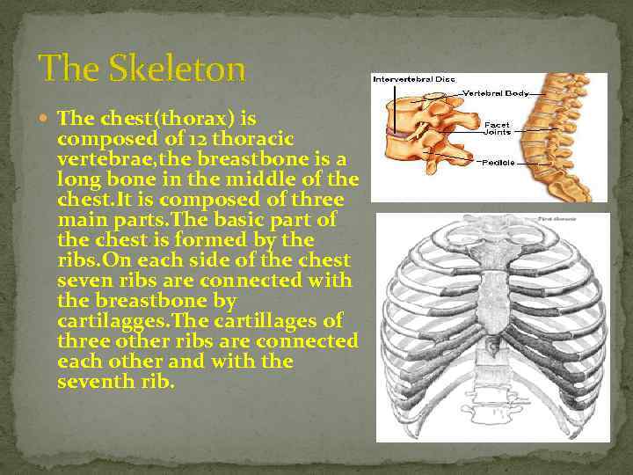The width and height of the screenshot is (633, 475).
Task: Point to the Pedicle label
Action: click(498, 163)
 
